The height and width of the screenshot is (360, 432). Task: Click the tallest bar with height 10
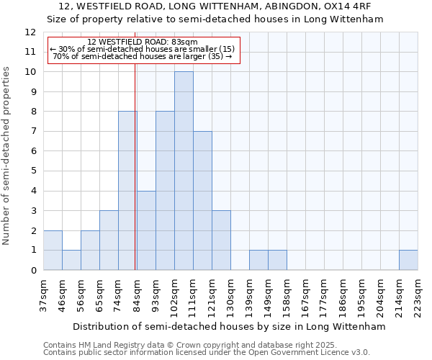[184, 171]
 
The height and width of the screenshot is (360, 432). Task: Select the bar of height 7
[202, 200]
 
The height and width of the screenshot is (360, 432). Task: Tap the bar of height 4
[146, 230]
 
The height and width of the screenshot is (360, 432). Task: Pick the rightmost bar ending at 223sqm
[408, 260]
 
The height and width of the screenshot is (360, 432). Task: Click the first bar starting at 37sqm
[53, 250]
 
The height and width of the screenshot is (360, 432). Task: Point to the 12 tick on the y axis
[30, 32]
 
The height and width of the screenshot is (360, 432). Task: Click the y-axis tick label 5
[33, 171]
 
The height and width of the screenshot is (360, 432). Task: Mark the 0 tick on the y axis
[33, 271]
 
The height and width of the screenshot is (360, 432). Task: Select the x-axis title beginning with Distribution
[230, 326]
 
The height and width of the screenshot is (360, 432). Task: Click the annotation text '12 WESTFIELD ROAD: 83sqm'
[137, 42]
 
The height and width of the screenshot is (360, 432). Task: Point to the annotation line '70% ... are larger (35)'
[143, 56]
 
